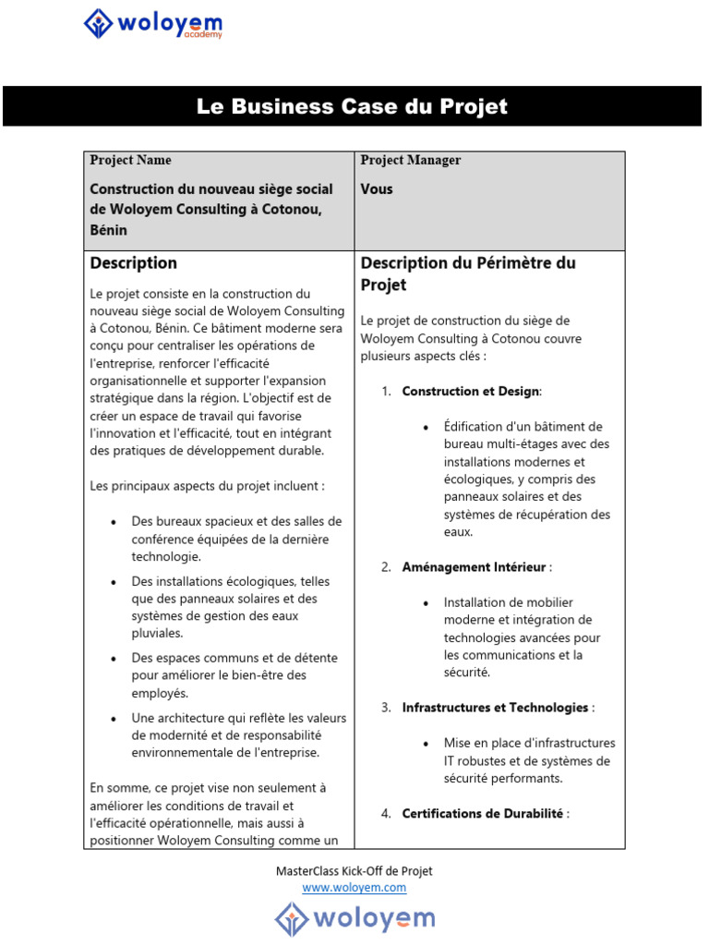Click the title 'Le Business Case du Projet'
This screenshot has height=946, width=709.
(x=352, y=106)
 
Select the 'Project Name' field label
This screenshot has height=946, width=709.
(x=130, y=161)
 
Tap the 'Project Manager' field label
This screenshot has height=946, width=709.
(x=410, y=161)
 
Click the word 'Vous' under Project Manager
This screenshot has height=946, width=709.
(x=377, y=189)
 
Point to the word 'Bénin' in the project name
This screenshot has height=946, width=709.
(x=108, y=230)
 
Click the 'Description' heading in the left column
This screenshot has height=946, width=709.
(x=133, y=263)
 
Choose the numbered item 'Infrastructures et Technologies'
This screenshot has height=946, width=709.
(x=496, y=708)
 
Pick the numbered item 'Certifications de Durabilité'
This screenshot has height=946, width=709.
(x=484, y=814)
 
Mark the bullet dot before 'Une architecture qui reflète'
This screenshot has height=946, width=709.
(x=113, y=719)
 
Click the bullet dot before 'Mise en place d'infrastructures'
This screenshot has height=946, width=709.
(x=425, y=744)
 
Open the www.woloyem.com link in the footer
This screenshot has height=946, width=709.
(x=354, y=888)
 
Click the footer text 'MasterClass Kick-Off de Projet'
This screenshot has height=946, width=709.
(x=354, y=871)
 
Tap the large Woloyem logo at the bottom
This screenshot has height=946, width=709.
(x=354, y=919)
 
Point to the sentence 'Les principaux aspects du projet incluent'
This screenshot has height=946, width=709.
(x=207, y=486)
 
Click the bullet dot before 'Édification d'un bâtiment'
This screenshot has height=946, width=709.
(x=425, y=428)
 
